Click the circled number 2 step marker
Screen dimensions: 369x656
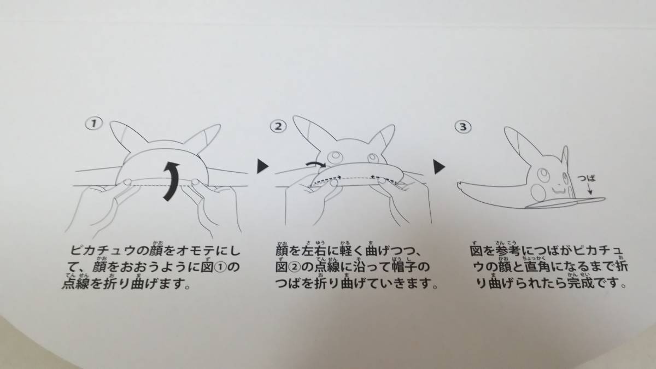click(x=278, y=126)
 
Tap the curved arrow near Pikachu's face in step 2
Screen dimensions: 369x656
click(x=315, y=163)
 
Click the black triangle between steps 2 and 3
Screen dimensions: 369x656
click(x=438, y=165)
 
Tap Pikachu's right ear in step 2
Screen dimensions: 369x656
click(x=385, y=135)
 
